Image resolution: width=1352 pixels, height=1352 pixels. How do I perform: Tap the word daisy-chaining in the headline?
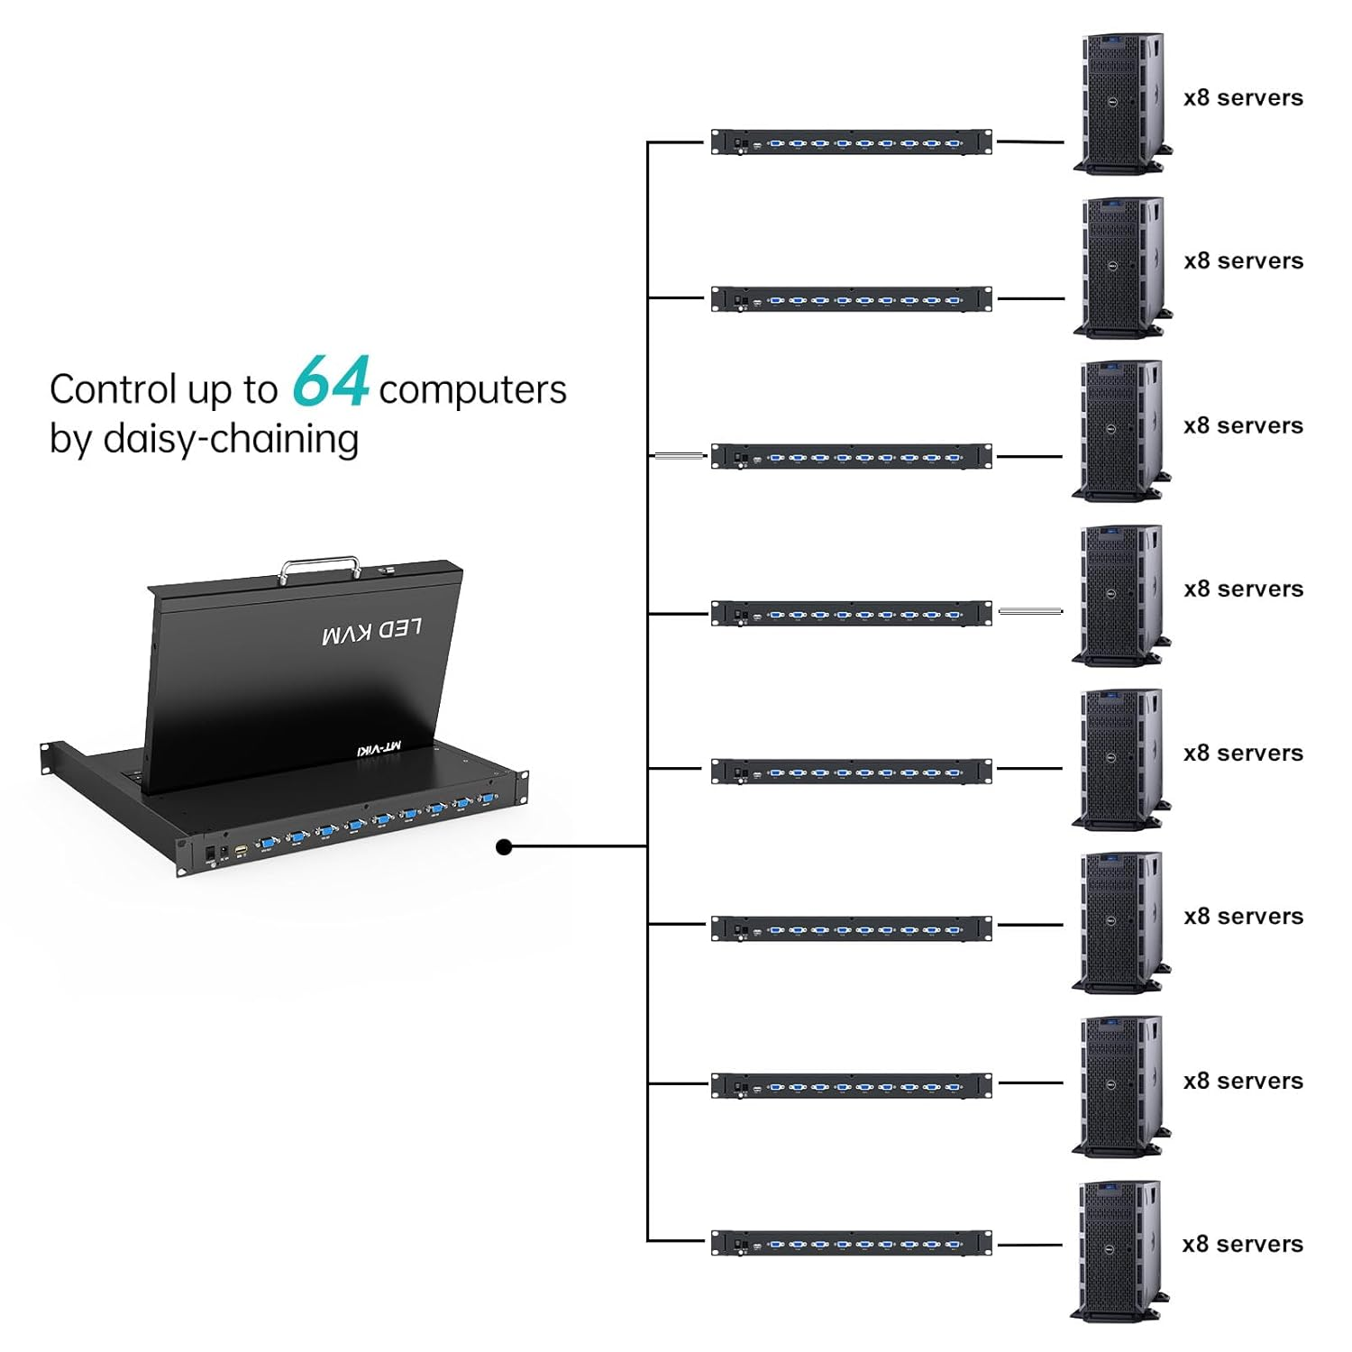pos(231,439)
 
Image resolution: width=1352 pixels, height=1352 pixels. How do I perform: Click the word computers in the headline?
pos(472,390)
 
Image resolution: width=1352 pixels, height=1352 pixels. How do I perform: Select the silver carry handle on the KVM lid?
pos(319,569)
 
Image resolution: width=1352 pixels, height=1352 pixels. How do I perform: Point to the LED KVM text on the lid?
pos(371,632)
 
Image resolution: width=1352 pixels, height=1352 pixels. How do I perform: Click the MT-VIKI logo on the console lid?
pos(379,747)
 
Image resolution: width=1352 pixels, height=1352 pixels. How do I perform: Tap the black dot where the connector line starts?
pos(505,846)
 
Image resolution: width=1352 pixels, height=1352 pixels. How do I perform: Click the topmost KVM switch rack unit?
pos(851,142)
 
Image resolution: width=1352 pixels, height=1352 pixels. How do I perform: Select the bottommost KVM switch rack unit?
pos(851,1243)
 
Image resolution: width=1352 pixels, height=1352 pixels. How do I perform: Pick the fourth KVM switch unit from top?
pos(851,614)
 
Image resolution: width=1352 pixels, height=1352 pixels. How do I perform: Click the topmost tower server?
pos(1120,103)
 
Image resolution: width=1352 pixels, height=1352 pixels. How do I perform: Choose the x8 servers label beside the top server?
pos(1243,98)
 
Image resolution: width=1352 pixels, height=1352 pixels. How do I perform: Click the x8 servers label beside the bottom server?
pos(1242,1244)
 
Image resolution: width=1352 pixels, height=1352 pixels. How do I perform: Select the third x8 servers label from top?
pos(1243,425)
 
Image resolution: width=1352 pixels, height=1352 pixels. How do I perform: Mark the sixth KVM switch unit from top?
pos(851,928)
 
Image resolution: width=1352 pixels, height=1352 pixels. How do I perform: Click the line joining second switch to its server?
pos(1030,298)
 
